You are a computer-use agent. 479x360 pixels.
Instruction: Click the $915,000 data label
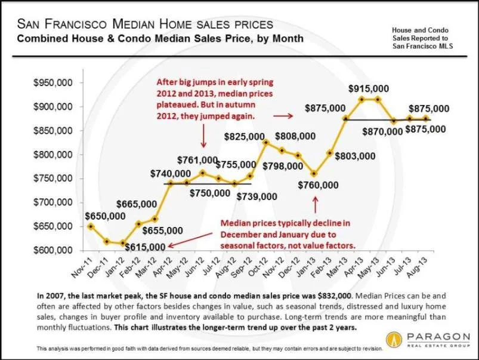click(x=369, y=89)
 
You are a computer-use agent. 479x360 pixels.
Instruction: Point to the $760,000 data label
click(x=319, y=185)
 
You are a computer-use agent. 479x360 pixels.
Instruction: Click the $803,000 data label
click(x=355, y=156)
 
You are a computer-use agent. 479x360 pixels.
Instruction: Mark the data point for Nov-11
click(x=90, y=226)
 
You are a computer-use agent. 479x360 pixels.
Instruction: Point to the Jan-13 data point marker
click(x=314, y=174)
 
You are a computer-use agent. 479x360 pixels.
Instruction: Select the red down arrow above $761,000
click(x=203, y=139)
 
